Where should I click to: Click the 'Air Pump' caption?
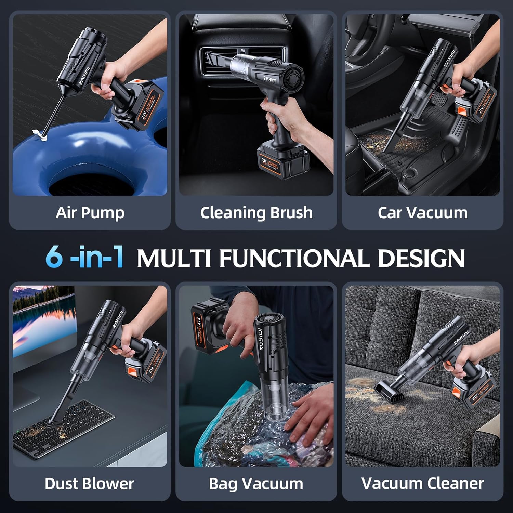coord(90,213)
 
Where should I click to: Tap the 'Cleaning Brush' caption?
coord(256,213)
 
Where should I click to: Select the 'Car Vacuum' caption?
coord(422,213)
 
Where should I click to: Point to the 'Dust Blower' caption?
coord(89,484)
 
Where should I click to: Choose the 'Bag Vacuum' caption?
coord(256,484)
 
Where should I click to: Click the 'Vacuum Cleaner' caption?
coord(422,484)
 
